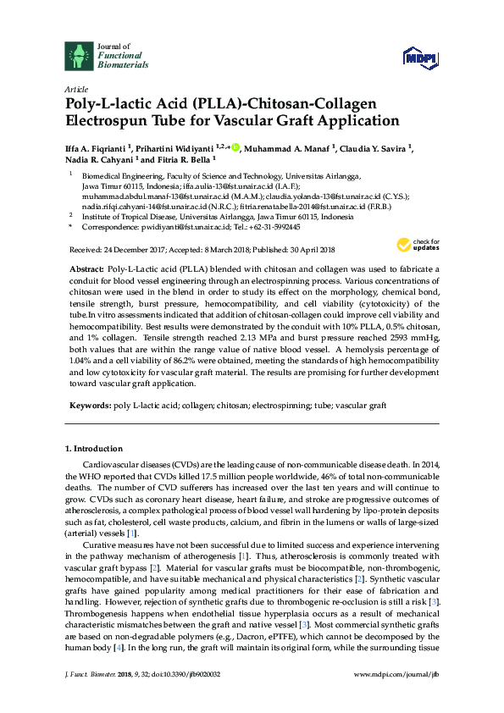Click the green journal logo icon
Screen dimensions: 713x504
(78, 56)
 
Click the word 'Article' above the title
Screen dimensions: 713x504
(75, 89)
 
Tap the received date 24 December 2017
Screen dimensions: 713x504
(136, 250)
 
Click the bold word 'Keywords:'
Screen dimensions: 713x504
(89, 406)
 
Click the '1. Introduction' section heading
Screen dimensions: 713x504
(93, 448)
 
